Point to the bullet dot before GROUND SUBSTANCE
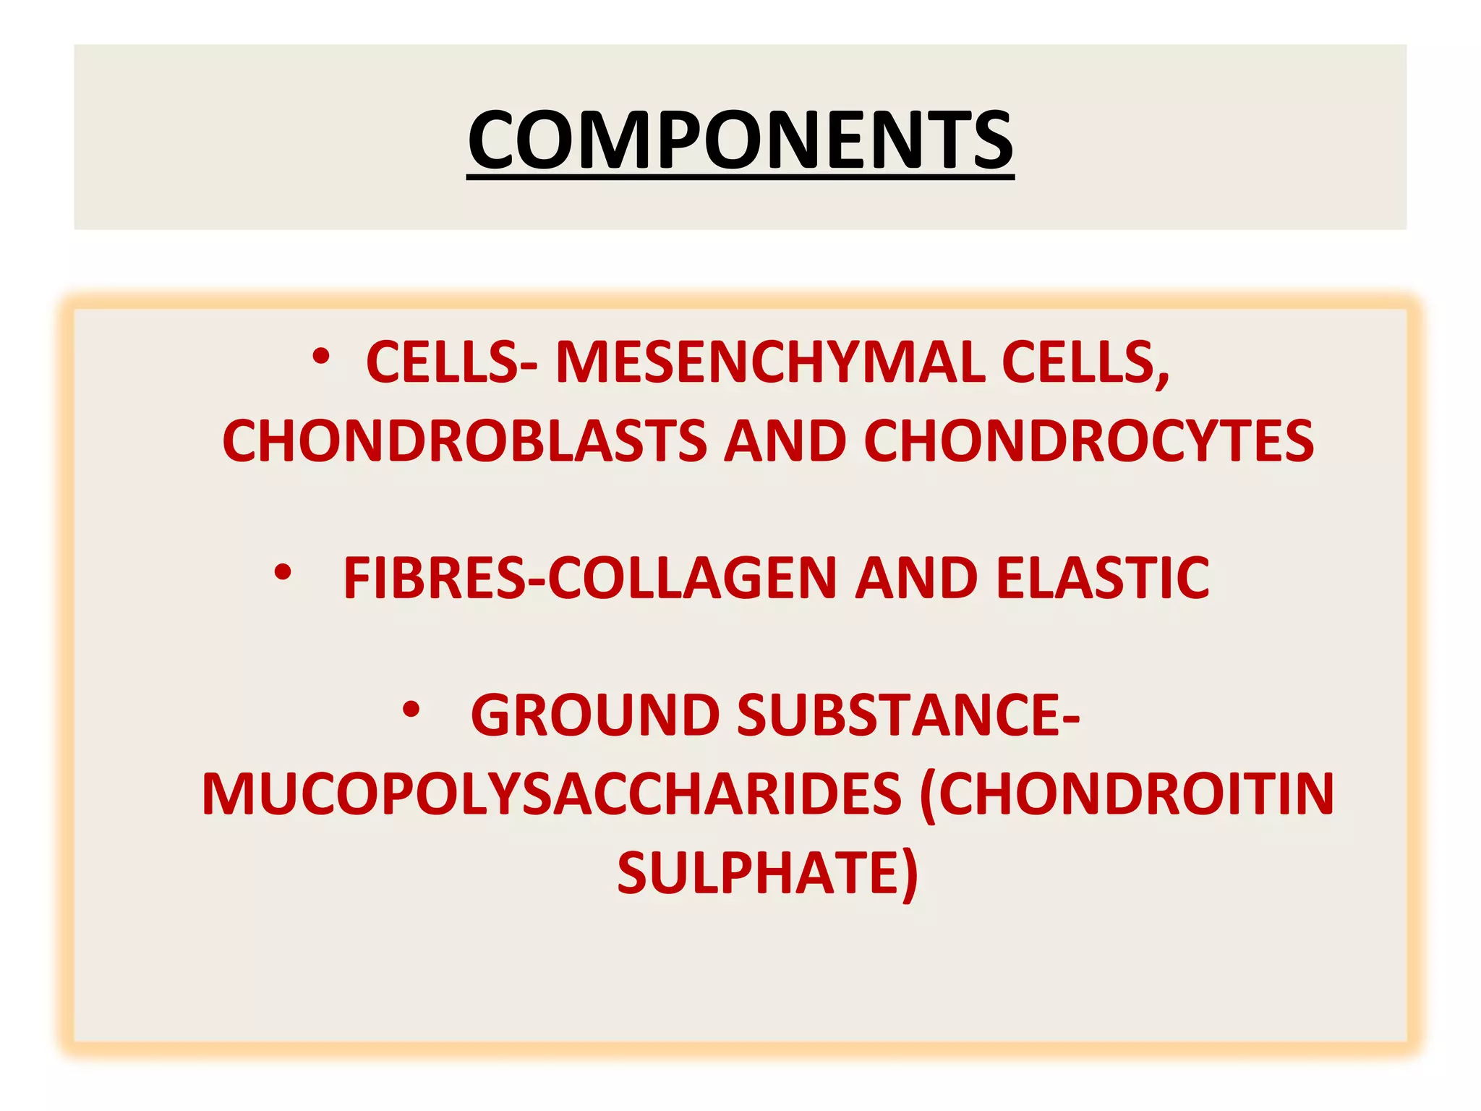[411, 710]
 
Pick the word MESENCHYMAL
[769, 362]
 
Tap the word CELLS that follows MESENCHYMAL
[1085, 362]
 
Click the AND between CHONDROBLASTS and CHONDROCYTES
[785, 441]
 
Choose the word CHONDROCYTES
[1089, 441]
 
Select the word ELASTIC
[1103, 578]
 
